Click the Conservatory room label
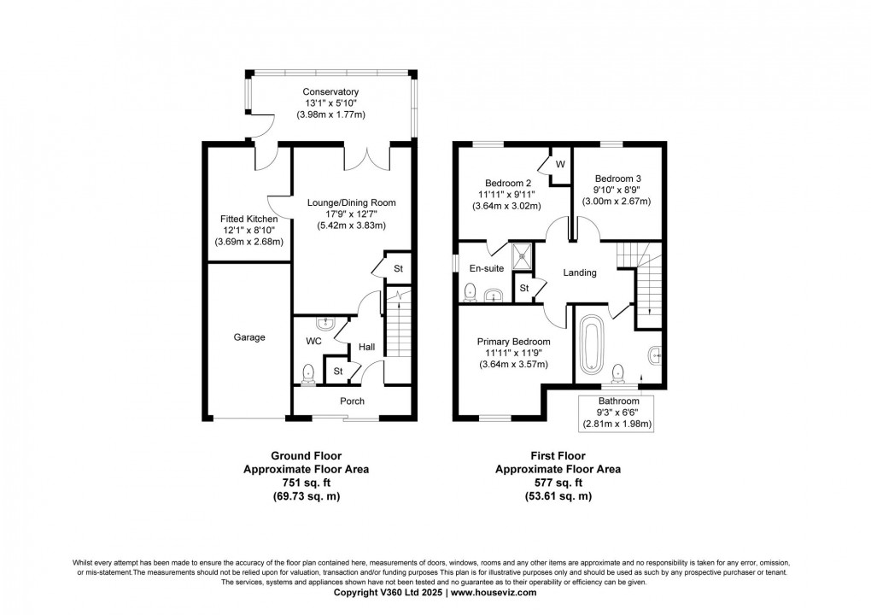(330, 91)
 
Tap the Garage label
(249, 337)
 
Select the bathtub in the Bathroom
(591, 344)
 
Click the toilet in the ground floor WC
(307, 374)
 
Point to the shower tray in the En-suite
(522, 255)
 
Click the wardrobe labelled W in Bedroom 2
(560, 165)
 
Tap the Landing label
(579, 272)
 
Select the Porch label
(352, 401)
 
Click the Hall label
(366, 348)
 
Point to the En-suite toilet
(471, 291)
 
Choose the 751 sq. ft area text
(306, 483)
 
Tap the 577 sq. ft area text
(558, 483)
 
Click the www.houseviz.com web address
(494, 593)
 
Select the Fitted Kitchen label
(248, 219)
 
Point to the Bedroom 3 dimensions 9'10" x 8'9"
(617, 190)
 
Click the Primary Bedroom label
(514, 342)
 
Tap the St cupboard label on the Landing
(523, 289)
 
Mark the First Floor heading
(558, 456)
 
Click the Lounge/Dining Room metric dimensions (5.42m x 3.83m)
(352, 225)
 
